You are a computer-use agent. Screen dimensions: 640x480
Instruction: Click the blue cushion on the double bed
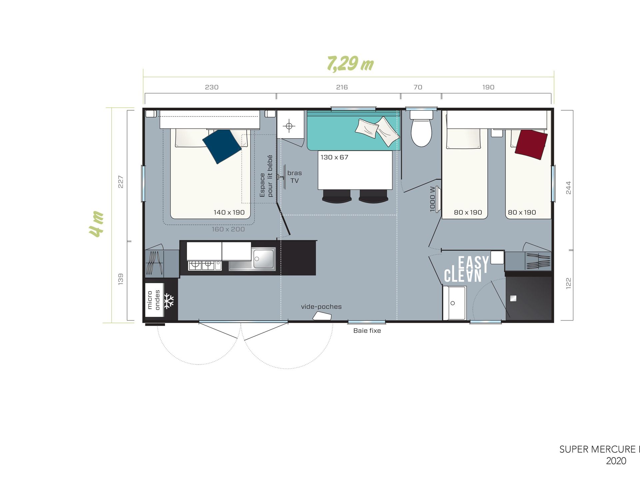(222, 146)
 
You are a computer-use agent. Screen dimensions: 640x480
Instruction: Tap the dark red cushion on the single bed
(531, 145)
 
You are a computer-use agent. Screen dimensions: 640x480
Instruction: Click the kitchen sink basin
(264, 258)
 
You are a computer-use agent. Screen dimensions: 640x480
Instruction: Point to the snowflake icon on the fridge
(169, 301)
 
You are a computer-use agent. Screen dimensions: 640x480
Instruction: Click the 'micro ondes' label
(154, 300)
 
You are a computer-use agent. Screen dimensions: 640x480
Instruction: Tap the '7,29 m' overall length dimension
(350, 64)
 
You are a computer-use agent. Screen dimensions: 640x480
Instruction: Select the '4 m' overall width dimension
(96, 224)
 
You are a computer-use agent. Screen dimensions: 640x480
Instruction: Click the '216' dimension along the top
(342, 87)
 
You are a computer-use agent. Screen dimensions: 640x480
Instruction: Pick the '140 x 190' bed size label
(229, 212)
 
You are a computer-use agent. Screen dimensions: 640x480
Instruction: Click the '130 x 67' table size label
(334, 157)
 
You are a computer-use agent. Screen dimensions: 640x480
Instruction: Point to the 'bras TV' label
(295, 177)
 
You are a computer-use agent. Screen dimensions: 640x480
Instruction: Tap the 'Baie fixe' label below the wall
(367, 331)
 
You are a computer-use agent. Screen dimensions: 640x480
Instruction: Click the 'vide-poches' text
(321, 307)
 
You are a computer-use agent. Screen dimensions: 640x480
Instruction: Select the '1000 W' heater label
(433, 199)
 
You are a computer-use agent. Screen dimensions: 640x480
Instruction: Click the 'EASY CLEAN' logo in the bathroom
(467, 269)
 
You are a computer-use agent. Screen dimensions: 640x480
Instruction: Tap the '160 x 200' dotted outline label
(228, 229)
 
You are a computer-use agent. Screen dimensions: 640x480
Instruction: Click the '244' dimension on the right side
(569, 188)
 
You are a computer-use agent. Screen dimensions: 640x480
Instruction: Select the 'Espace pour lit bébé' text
(266, 176)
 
